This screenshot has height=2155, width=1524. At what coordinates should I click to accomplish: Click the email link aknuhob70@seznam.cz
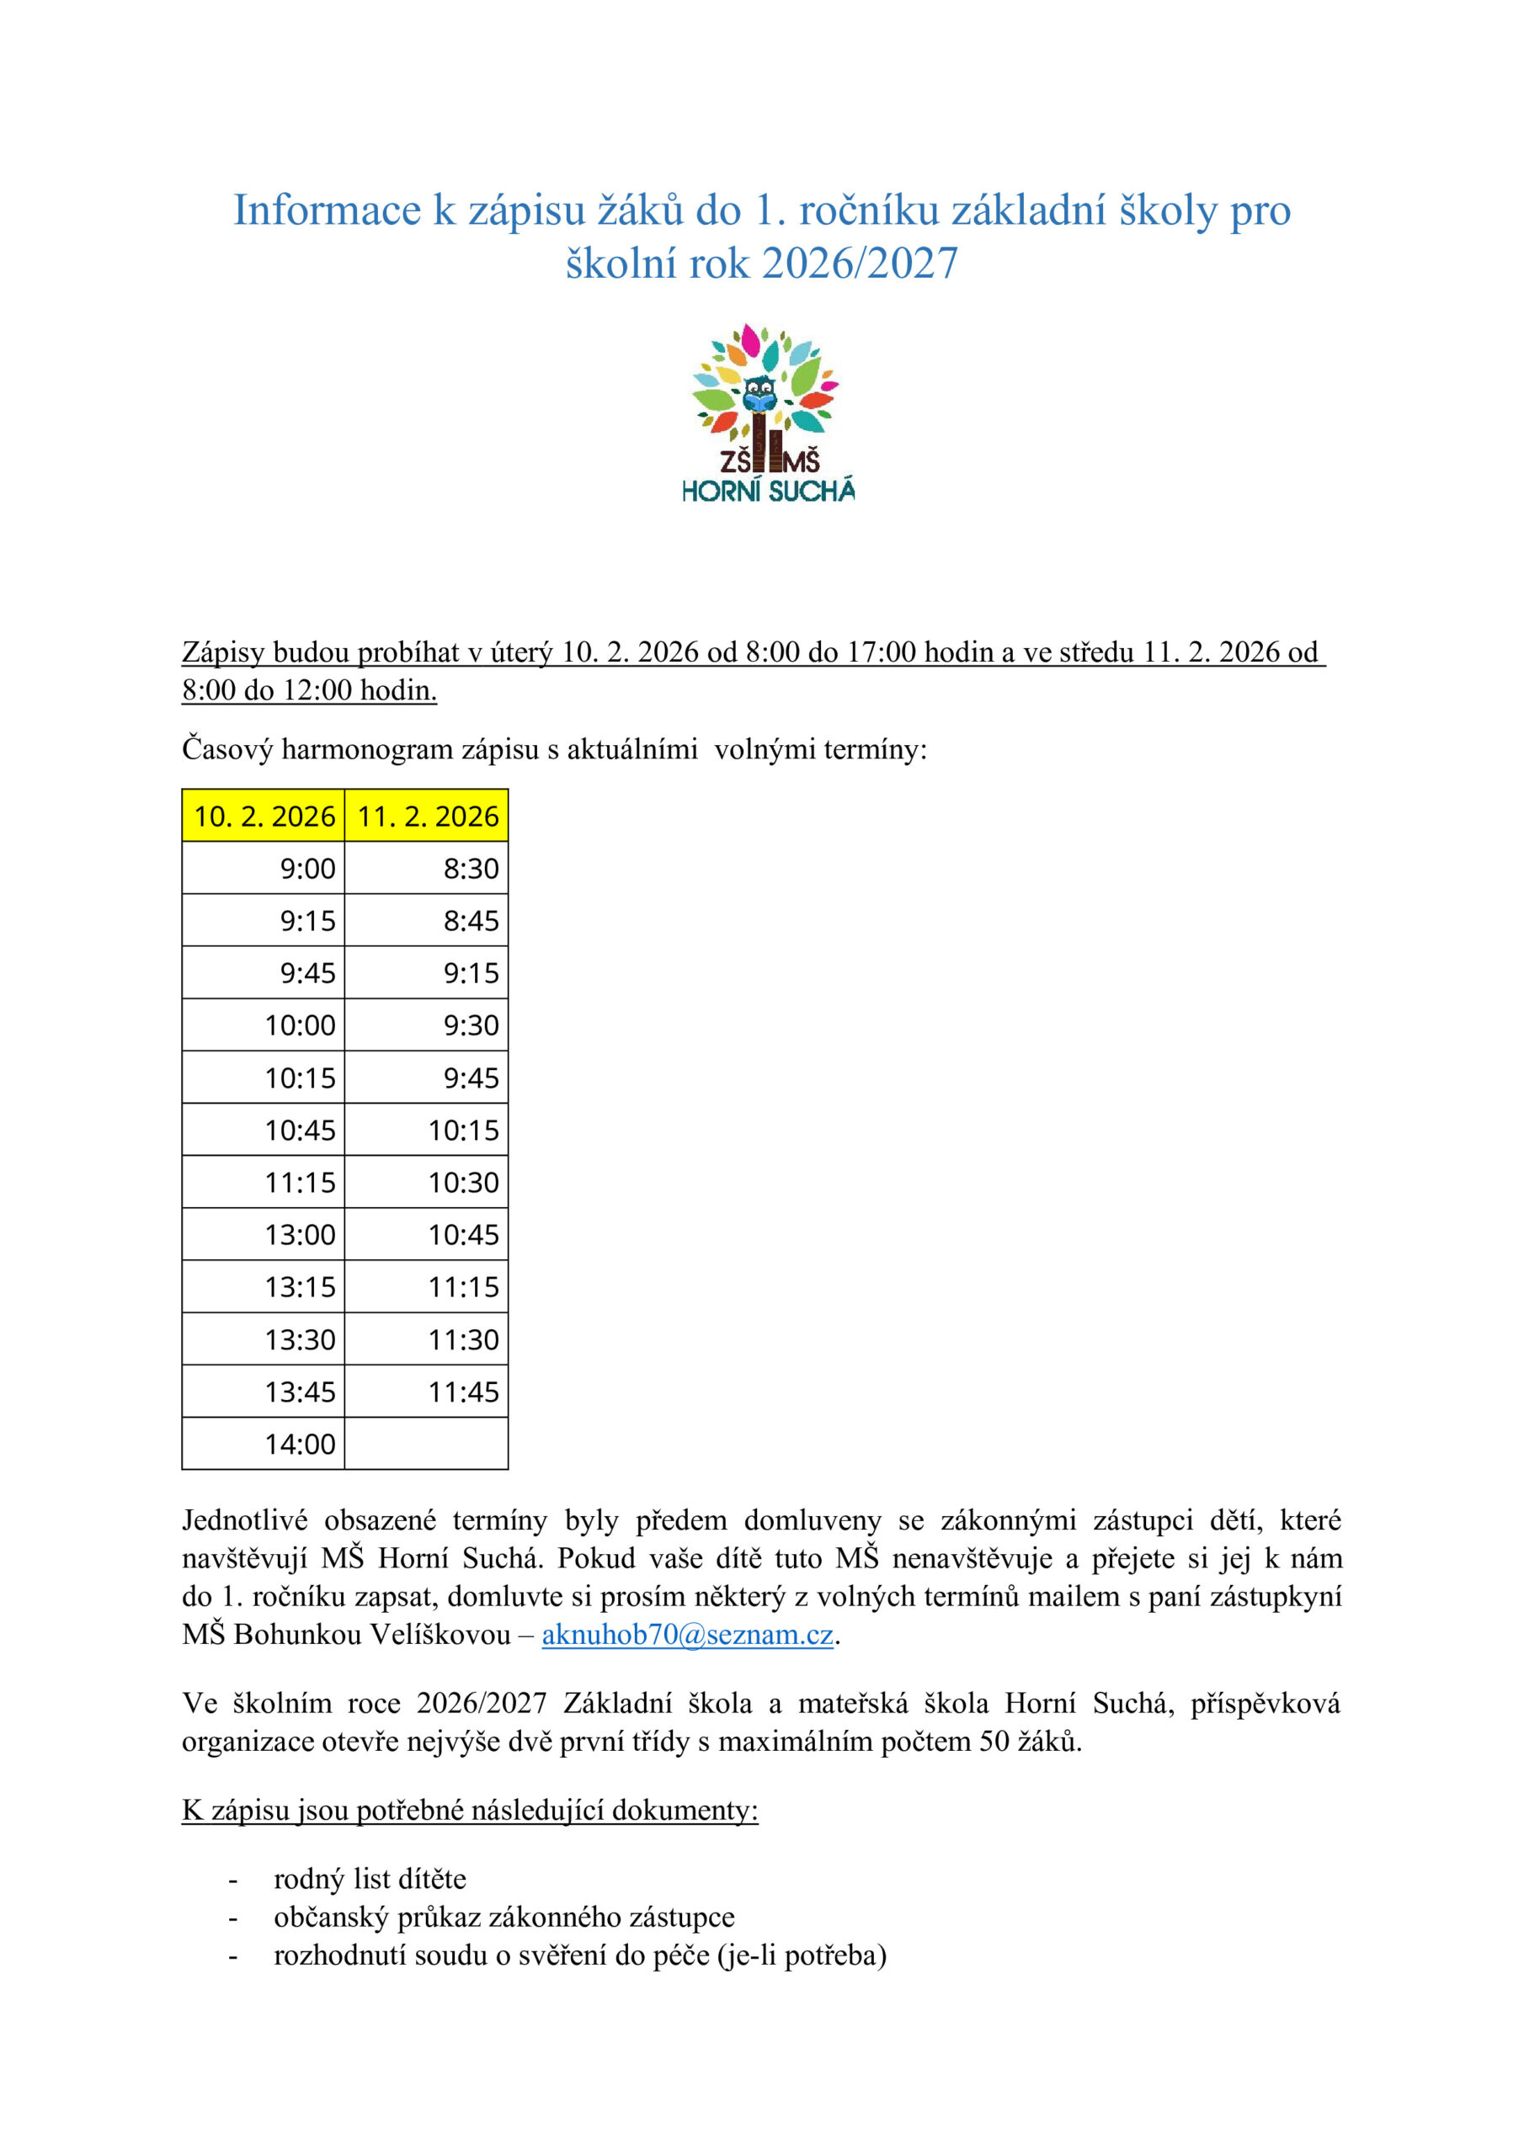point(687,1634)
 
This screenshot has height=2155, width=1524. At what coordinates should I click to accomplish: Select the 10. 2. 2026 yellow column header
point(264,816)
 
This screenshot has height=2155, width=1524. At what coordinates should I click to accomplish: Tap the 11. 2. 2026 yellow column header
point(427,816)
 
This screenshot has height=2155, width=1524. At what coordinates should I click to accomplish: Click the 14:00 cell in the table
point(264,1444)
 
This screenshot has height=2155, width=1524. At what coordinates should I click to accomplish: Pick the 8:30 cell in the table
point(427,868)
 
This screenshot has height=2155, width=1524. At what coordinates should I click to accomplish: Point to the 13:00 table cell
point(264,1234)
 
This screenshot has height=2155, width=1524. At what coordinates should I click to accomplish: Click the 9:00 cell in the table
point(264,868)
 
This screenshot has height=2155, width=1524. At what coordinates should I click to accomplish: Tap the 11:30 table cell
point(427,1339)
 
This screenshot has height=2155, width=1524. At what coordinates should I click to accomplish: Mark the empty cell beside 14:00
point(427,1444)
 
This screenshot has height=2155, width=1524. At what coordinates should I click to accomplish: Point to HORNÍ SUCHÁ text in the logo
point(768,491)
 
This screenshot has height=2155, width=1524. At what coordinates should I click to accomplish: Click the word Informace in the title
point(327,210)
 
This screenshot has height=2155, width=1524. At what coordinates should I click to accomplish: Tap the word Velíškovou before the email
point(440,1634)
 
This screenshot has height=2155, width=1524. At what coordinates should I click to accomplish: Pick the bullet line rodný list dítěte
point(370,1878)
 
